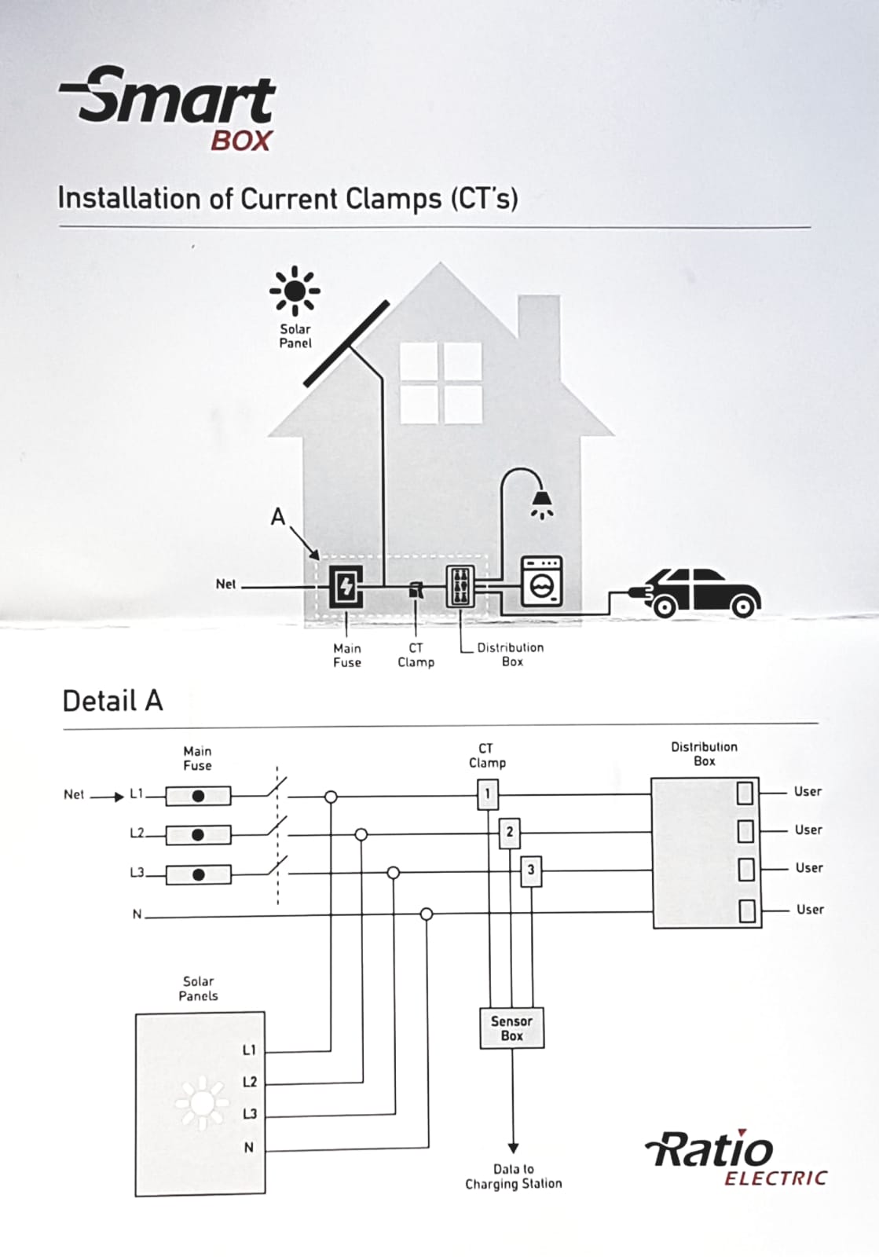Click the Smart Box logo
167,108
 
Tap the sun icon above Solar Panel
295,291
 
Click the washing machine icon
540,581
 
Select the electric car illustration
696,592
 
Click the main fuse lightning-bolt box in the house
346,586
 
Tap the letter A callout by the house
277,516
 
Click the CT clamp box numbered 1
488,794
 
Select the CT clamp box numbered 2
509,833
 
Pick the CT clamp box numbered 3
531,871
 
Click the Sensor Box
511,1028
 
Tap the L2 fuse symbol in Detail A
198,834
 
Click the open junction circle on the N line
427,914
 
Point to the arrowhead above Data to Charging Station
513,1148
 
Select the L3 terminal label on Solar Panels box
250,1113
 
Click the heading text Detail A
112,701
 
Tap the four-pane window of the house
441,383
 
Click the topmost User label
808,791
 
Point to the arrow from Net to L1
107,797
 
